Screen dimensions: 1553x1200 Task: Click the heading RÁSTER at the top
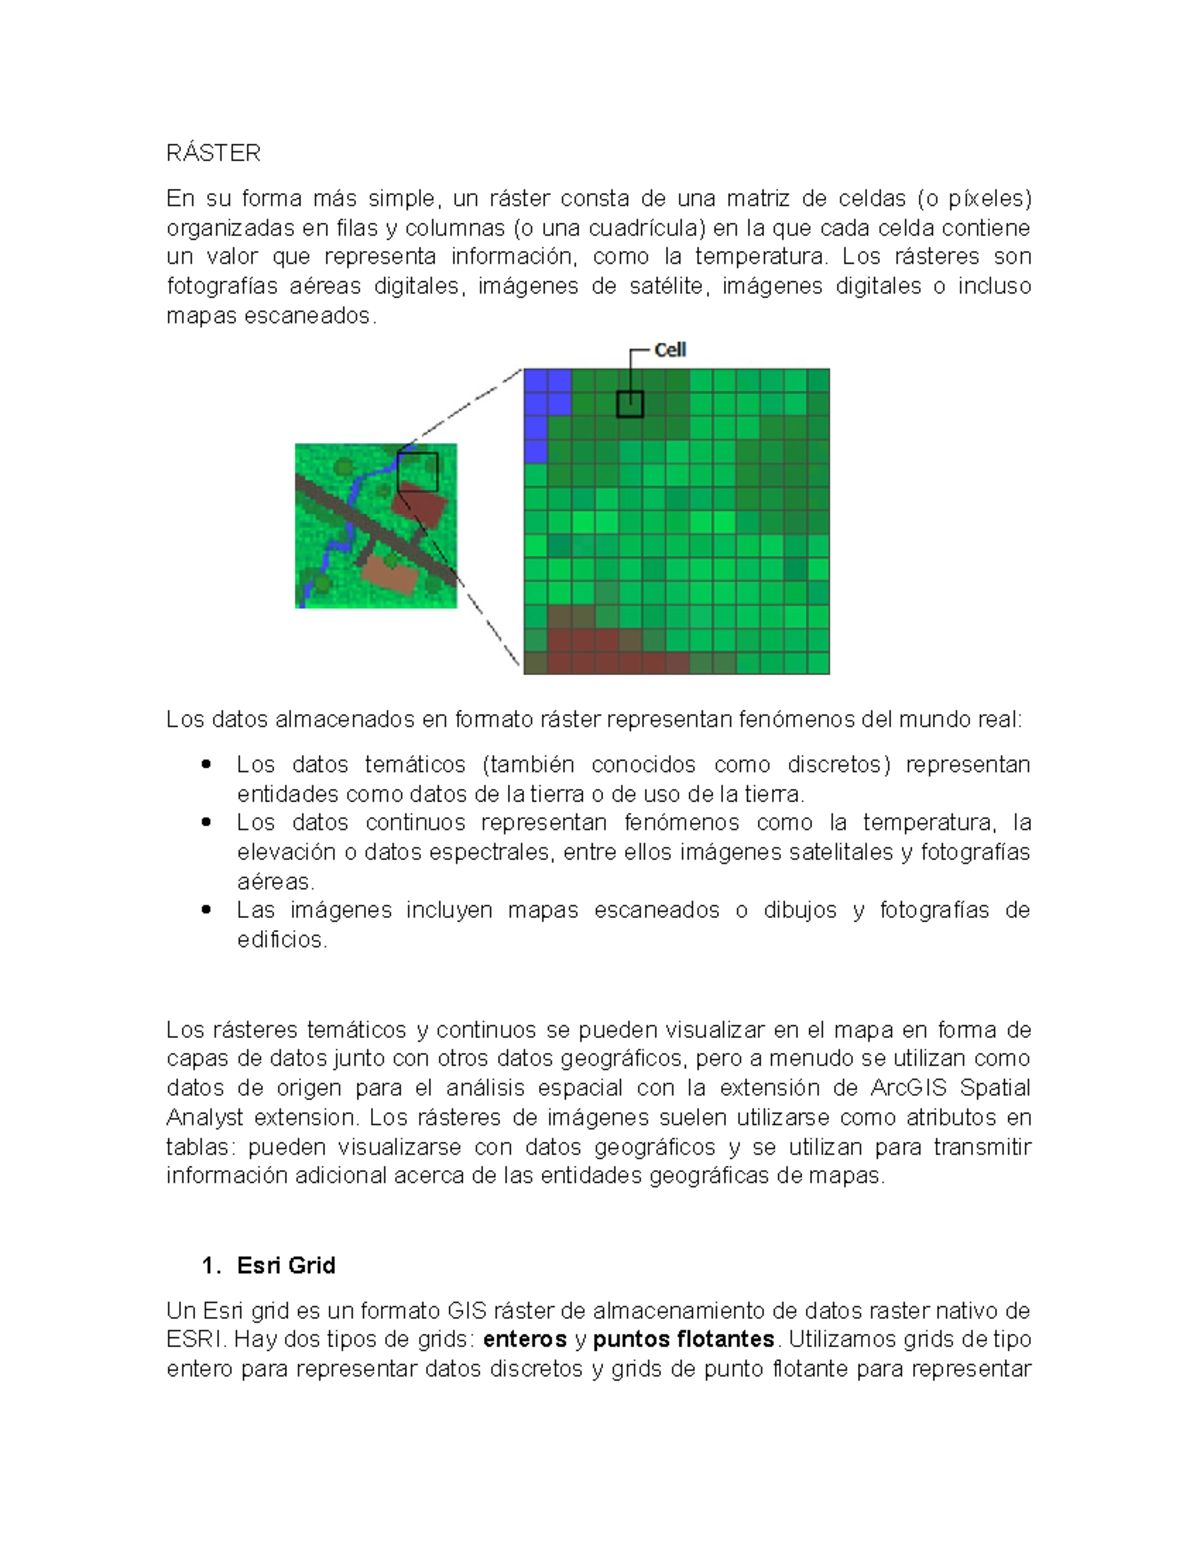pyautogui.click(x=213, y=153)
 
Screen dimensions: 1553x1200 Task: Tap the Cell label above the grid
pyautogui.click(x=669, y=350)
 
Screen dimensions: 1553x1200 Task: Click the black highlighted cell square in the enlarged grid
pyautogui.click(x=629, y=404)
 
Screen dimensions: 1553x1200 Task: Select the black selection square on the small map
pyautogui.click(x=417, y=472)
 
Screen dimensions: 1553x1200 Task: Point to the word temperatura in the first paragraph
pyautogui.click(x=760, y=257)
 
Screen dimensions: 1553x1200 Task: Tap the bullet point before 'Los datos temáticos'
pyautogui.click(x=206, y=765)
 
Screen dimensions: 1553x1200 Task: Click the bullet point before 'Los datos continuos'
pyautogui.click(x=206, y=823)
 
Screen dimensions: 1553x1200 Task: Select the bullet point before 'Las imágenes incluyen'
pyautogui.click(x=206, y=910)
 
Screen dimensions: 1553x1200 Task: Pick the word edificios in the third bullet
pyautogui.click(x=281, y=940)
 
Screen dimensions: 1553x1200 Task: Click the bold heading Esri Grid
pyautogui.click(x=286, y=1266)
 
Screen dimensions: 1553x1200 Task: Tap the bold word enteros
pyautogui.click(x=524, y=1340)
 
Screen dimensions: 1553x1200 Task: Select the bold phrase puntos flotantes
pyautogui.click(x=683, y=1340)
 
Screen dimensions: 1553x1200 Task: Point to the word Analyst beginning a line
pyautogui.click(x=204, y=1118)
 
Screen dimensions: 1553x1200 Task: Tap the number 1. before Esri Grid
pyautogui.click(x=210, y=1266)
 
